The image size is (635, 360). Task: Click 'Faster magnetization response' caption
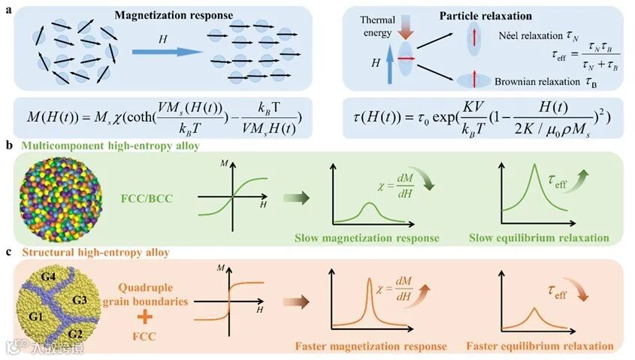pos(373,346)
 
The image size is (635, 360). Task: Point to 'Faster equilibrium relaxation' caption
pos(540,346)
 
